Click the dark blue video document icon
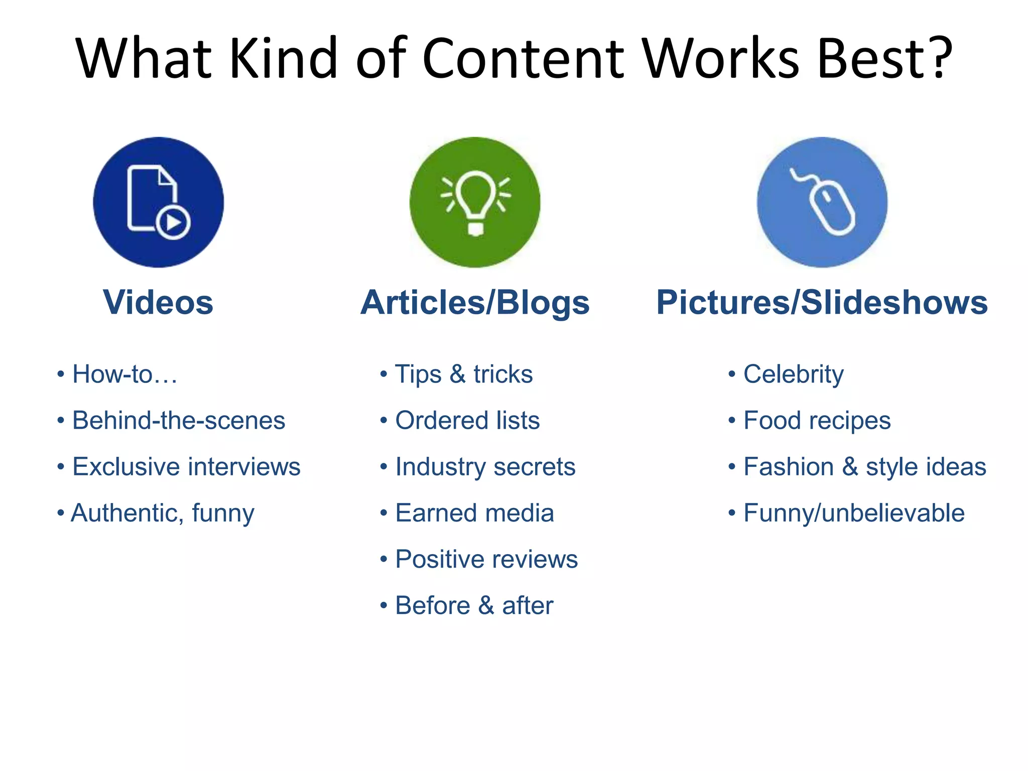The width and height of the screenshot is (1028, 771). (x=158, y=202)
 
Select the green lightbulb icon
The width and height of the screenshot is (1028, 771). (x=475, y=202)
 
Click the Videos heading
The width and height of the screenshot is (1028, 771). (x=158, y=303)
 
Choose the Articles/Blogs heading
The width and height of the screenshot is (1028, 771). (x=475, y=303)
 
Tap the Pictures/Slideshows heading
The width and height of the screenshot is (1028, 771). (x=822, y=303)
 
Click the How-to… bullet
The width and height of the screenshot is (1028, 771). (x=124, y=374)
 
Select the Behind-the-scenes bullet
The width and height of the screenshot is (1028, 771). (x=178, y=421)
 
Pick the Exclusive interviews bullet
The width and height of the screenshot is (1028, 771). (x=186, y=467)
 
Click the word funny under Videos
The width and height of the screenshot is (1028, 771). (x=223, y=513)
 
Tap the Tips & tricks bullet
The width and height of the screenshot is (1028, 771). (x=463, y=374)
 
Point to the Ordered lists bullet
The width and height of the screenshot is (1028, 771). (x=467, y=421)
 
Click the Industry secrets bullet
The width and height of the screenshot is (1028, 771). (x=485, y=467)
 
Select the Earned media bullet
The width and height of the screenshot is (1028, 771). (x=474, y=513)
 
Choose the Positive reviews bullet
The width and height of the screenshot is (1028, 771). (x=486, y=559)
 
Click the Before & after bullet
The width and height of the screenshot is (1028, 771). (x=474, y=605)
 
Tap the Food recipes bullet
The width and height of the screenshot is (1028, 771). (x=817, y=421)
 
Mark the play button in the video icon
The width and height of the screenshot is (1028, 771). (x=173, y=222)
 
